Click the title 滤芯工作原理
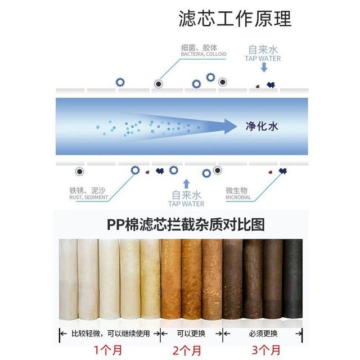[235, 19]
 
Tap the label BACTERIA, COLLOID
[204, 54]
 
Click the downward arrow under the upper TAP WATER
[264, 67]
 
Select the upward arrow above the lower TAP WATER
[187, 184]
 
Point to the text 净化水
[262, 127]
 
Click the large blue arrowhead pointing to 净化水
[230, 127]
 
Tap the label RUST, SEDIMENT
[88, 197]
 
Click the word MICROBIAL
[238, 197]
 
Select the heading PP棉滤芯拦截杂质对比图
[186, 224]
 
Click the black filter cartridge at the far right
[292, 278]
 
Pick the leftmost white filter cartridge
[68, 279]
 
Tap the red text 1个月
[108, 350]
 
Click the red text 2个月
[187, 350]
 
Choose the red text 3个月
[266, 350]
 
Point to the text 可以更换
[191, 334]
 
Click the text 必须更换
[263, 334]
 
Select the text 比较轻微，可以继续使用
[111, 334]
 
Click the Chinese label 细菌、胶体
[199, 48]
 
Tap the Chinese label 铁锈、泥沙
[87, 191]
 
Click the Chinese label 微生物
[236, 191]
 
